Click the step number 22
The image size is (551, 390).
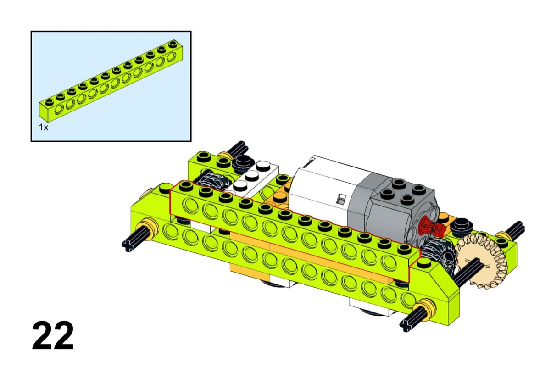pos(53,335)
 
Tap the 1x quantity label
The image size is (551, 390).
pos(44,127)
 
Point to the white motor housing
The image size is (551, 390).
pos(327,189)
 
